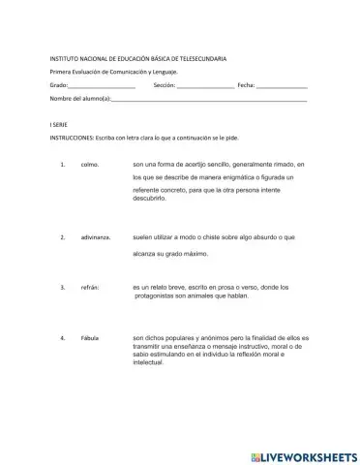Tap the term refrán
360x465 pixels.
[x=91, y=288]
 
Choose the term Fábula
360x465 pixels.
[x=91, y=338]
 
